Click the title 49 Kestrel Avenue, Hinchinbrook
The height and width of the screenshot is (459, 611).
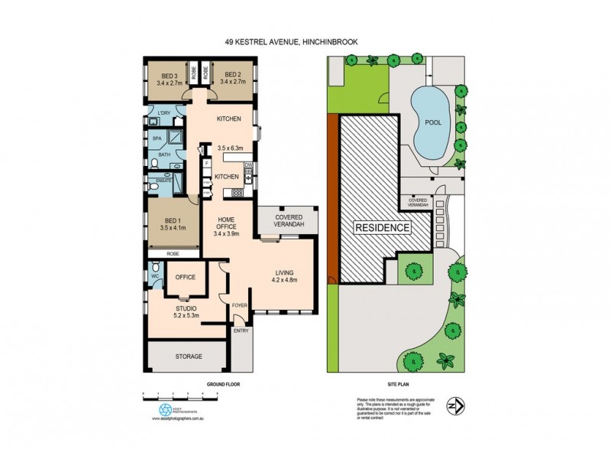click(305, 44)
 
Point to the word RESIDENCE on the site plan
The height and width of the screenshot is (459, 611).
click(382, 228)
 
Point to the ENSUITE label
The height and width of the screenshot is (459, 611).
click(163, 181)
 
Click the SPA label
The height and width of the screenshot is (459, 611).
click(157, 138)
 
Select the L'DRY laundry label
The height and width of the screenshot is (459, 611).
click(163, 113)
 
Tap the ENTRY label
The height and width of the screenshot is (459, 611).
click(241, 330)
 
